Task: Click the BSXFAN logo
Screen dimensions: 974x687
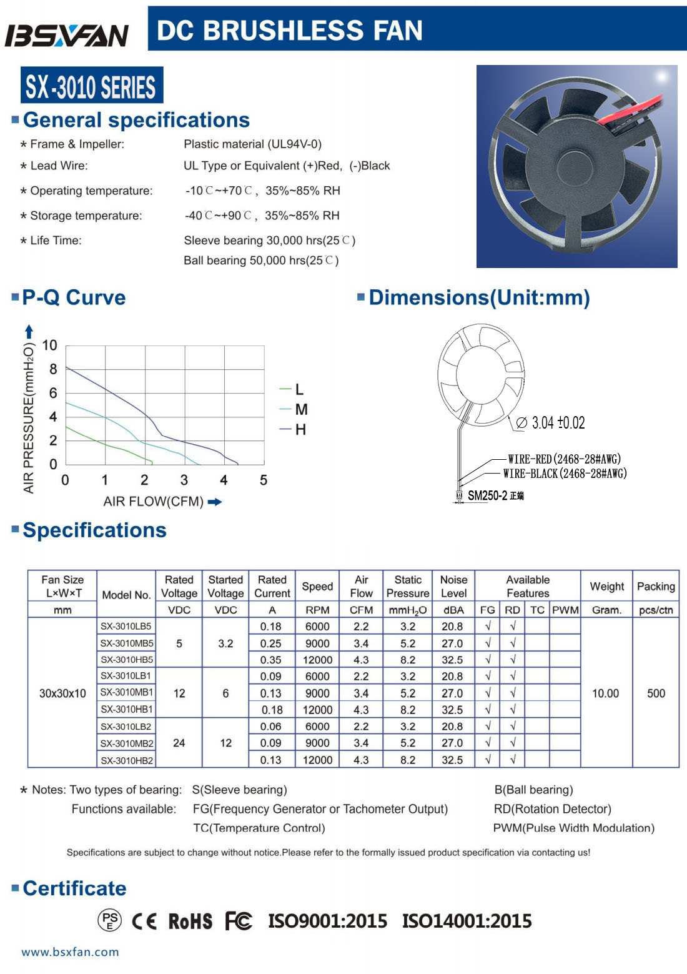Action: point(66,35)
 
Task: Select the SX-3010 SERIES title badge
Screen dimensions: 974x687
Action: point(91,86)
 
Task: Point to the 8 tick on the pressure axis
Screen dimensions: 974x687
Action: point(53,369)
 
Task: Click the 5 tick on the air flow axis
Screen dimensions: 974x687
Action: point(264,480)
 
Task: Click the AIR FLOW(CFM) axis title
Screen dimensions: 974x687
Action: point(154,502)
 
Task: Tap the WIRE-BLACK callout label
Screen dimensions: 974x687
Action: point(565,474)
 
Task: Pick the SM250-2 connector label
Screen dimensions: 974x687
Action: point(488,496)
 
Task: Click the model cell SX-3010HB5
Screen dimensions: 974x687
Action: point(127,660)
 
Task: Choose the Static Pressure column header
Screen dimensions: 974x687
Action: point(408,587)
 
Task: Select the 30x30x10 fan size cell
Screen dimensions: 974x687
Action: point(62,693)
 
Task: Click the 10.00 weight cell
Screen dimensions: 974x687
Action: point(605,693)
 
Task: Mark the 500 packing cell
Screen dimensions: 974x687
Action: point(656,693)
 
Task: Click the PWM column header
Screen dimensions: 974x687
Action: point(565,610)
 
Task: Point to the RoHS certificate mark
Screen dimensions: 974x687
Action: point(190,921)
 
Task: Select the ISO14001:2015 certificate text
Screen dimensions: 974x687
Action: point(467,921)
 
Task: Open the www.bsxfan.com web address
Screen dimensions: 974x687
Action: point(70,952)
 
